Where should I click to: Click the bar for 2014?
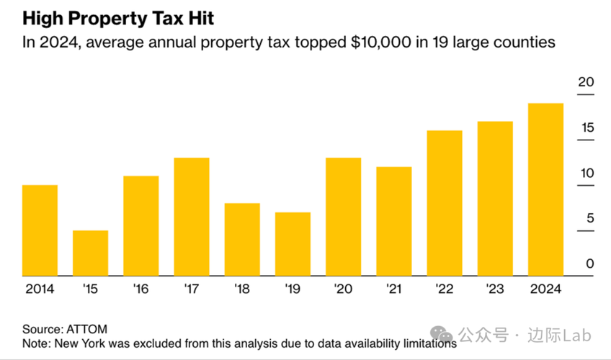pos(40,230)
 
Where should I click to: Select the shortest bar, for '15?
pos(90,253)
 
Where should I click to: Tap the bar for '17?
pos(192,216)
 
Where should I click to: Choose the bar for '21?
pos(394,221)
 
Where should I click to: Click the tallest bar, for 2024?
pos(545,189)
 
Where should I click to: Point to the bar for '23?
pos(495,198)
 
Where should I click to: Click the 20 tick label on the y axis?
pos(586,82)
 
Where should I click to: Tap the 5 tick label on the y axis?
pos(589,218)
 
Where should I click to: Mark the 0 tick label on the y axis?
pos(589,264)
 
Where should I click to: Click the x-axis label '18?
pos(242,289)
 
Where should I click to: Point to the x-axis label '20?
pos(343,289)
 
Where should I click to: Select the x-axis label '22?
pos(445,289)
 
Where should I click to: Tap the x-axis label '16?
pos(141,289)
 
